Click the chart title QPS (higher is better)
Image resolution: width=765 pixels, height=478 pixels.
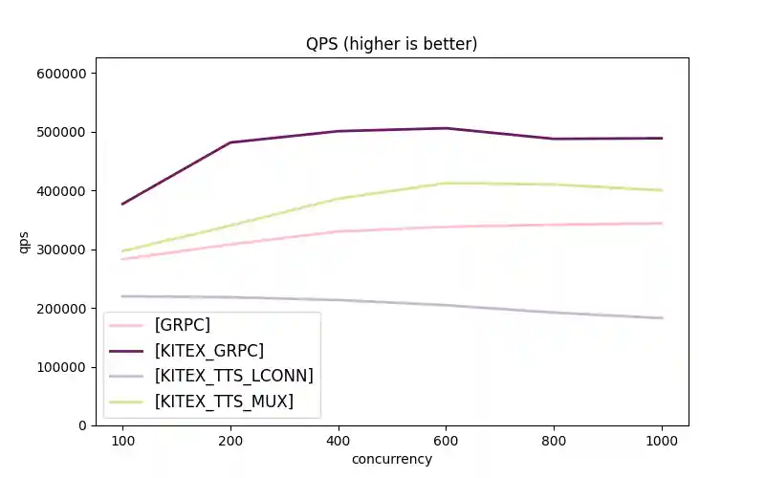pyautogui.click(x=391, y=43)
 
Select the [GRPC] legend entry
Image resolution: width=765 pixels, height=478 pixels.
pyautogui.click(x=183, y=325)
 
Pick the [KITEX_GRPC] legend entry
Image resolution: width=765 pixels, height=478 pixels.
pyautogui.click(x=208, y=350)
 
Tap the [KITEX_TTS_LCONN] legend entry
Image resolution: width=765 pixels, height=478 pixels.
pyautogui.click(x=233, y=376)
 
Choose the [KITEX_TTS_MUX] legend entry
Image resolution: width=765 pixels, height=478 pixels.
pyautogui.click(x=224, y=402)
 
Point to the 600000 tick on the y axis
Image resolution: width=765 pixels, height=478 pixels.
pyautogui.click(x=62, y=74)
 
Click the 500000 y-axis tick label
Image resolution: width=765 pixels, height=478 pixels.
pyautogui.click(x=62, y=132)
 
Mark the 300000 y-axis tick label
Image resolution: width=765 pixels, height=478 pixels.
pyautogui.click(x=62, y=250)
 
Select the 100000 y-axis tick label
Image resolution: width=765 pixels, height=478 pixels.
pyautogui.click(x=62, y=367)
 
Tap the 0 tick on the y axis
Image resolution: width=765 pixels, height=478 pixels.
pyautogui.click(x=83, y=425)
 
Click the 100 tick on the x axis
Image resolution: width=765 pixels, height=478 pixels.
pyautogui.click(x=122, y=441)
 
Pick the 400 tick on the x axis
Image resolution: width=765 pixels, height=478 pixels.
pyautogui.click(x=338, y=441)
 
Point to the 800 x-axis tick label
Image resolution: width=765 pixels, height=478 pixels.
pyautogui.click(x=554, y=441)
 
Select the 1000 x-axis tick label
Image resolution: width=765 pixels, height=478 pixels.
pyautogui.click(x=661, y=441)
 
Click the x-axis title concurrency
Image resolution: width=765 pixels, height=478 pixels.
pyautogui.click(x=391, y=459)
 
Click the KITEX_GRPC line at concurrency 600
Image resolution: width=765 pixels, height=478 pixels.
pyautogui.click(x=446, y=128)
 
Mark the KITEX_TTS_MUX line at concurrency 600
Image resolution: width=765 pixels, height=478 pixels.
pyautogui.click(x=446, y=183)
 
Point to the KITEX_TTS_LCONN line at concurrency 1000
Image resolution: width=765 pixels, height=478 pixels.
pyautogui.click(x=661, y=317)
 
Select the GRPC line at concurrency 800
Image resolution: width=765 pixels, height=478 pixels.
pyautogui.click(x=554, y=225)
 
